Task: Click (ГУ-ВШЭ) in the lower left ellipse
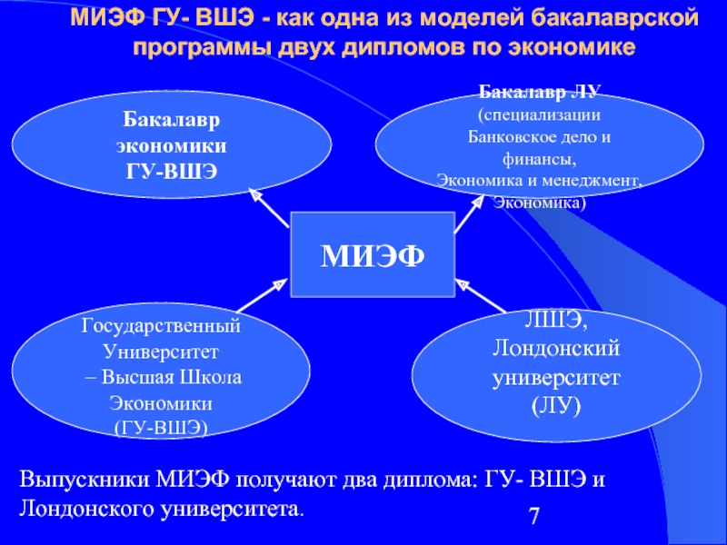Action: [x=161, y=426]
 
